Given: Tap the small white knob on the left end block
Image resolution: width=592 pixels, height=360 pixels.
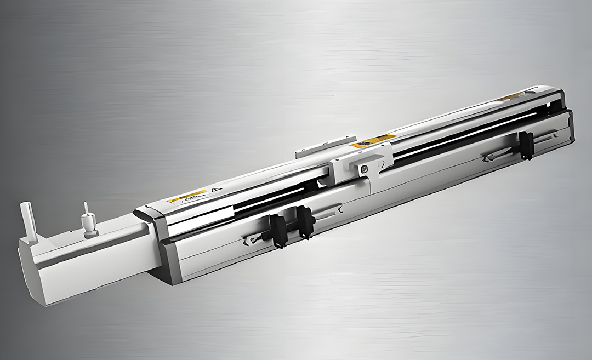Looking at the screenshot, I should (88, 221).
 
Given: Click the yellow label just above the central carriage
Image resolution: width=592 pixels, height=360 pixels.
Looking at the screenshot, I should (374, 141).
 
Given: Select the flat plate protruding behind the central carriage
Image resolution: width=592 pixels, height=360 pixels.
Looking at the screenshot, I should (310, 151).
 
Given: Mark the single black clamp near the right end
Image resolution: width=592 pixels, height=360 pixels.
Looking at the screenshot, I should (526, 145).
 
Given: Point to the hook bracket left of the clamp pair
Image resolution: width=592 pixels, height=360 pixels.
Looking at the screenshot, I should (253, 239).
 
